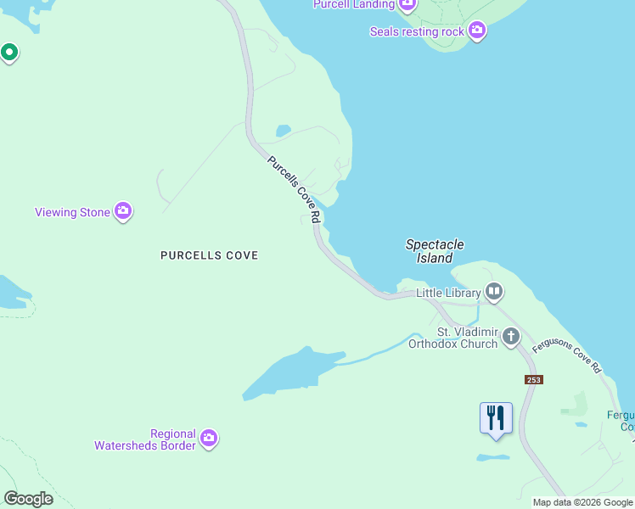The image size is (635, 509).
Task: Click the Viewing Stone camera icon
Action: [x=123, y=211]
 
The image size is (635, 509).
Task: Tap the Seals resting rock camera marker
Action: [x=477, y=31]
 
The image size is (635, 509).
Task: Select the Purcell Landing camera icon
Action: [x=407, y=4]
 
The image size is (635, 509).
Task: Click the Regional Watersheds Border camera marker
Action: [x=209, y=439]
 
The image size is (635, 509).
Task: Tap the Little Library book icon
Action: [x=494, y=293]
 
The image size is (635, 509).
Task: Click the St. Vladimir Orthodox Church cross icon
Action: [x=511, y=336]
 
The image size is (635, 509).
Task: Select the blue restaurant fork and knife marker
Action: [x=496, y=418]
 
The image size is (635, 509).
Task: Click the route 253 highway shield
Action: [x=532, y=379]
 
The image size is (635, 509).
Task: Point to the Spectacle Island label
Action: [x=435, y=251]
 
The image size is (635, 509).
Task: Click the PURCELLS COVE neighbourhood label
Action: [x=209, y=255]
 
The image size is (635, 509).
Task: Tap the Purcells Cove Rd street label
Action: [x=294, y=189]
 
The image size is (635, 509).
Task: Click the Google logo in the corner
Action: [x=28, y=498]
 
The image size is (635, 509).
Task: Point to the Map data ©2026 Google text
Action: [x=582, y=502]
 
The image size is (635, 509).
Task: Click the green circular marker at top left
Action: [x=9, y=53]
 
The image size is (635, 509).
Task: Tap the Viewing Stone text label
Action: [x=72, y=212]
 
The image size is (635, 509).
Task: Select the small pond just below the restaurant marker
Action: [x=493, y=457]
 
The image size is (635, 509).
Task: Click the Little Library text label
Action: [x=449, y=293]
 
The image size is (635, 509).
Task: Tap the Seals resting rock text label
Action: [x=417, y=31]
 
